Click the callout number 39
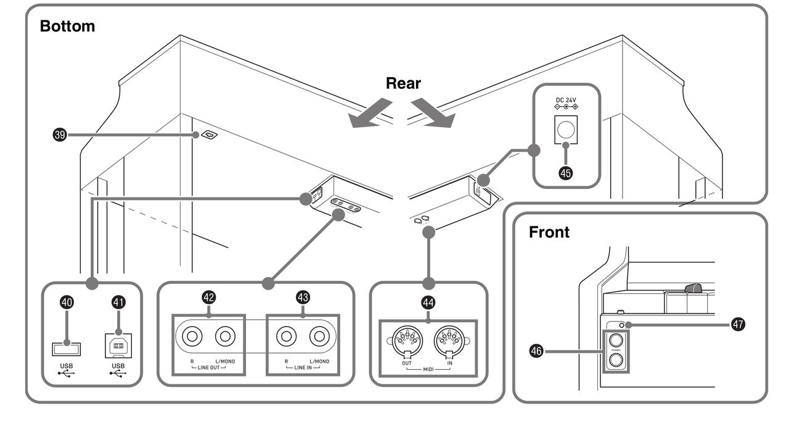(60, 134)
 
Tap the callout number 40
(67, 302)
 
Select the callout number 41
(118, 302)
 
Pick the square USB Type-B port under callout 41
(118, 347)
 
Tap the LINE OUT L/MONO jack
(225, 337)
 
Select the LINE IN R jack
(285, 337)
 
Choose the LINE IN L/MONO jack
(319, 337)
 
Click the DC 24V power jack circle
(565, 129)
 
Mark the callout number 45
(565, 173)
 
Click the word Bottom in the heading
(67, 27)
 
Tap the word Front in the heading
(549, 233)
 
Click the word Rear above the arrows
(403, 83)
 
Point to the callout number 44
(428, 302)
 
